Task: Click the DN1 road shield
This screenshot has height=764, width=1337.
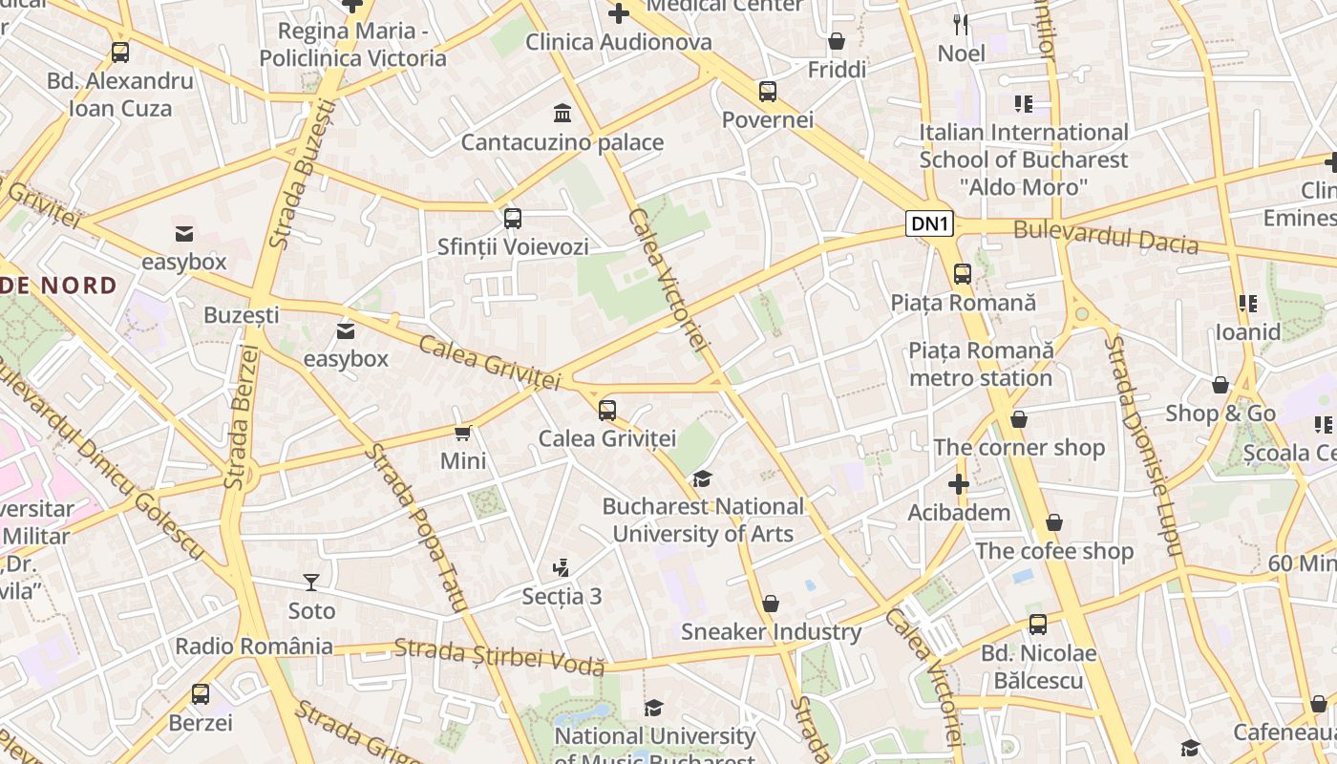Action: (x=929, y=224)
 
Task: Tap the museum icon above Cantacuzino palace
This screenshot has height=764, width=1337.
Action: (x=562, y=115)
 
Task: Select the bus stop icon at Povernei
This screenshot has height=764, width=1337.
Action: (x=768, y=92)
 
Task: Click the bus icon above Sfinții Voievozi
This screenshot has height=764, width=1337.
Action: (x=513, y=219)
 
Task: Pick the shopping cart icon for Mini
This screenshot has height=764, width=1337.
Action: (x=463, y=434)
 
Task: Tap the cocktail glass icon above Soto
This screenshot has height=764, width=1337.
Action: (x=311, y=582)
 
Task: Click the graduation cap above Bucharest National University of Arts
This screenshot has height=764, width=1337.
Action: (x=703, y=478)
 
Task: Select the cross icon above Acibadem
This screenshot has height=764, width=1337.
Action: (x=959, y=484)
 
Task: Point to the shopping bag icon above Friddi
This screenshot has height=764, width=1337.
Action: (x=837, y=41)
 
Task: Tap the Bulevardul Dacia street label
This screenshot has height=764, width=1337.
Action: (x=1106, y=236)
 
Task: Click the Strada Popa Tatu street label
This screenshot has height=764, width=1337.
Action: (x=418, y=527)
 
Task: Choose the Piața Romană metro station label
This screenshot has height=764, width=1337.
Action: (x=981, y=364)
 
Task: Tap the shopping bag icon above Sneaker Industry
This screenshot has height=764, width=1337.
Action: (x=771, y=604)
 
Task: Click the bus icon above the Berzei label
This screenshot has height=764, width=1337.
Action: (x=201, y=694)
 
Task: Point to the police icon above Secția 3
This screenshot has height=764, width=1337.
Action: (x=562, y=568)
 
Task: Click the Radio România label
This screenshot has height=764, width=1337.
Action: (x=254, y=647)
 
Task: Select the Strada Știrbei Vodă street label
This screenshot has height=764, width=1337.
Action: (x=499, y=657)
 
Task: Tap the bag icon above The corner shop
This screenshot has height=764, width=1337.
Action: (x=1019, y=419)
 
